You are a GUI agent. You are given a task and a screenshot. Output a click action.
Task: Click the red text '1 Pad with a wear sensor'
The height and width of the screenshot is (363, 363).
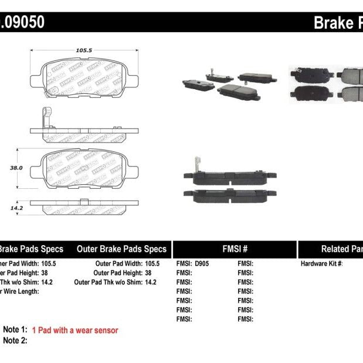pos(75,331)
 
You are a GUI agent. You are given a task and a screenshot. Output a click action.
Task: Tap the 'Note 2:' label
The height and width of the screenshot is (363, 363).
pos(15,341)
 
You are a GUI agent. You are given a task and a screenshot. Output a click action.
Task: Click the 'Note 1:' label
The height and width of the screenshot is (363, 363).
pos(15,331)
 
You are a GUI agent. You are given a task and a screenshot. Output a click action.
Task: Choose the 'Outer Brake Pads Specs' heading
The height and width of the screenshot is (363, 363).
pos(121,249)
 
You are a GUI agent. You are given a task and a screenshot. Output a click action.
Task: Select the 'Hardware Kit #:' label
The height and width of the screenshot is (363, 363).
pos(321,264)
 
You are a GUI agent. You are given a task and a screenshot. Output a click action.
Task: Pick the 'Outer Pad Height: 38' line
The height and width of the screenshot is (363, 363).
pos(123,273)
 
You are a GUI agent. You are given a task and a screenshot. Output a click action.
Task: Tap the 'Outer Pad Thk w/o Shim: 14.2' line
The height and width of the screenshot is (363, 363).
pos(116,282)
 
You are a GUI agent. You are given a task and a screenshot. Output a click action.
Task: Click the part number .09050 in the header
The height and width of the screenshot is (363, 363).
pos(22,22)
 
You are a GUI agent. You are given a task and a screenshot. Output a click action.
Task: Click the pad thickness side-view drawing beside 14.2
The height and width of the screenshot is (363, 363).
pos(84,208)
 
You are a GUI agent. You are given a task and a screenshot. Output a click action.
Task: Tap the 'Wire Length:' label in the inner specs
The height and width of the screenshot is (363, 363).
pos(20,291)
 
